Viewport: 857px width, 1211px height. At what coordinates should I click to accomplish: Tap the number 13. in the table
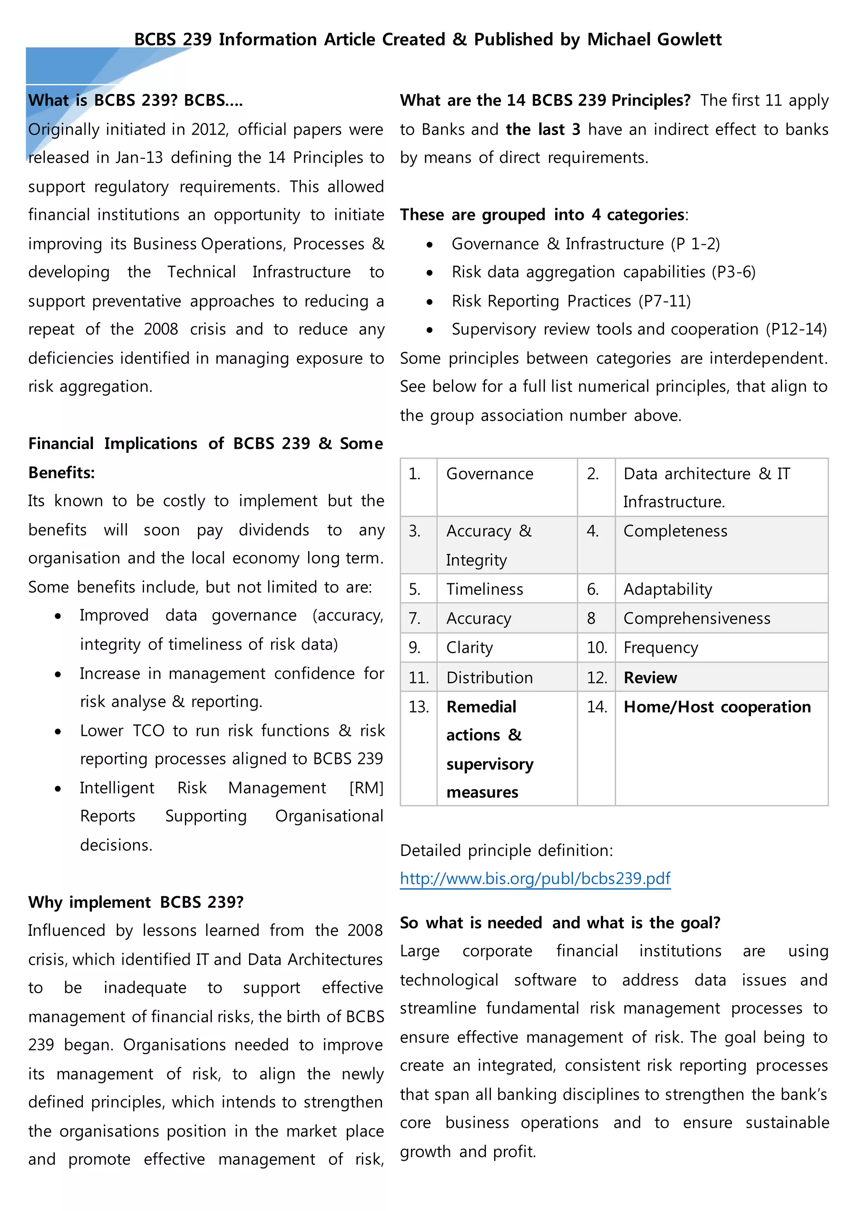pos(418,707)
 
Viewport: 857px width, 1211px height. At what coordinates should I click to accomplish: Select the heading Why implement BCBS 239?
pos(136,902)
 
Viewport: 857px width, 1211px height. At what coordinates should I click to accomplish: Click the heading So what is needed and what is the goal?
pos(560,923)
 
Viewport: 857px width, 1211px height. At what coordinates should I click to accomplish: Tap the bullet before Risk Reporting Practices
pos(430,301)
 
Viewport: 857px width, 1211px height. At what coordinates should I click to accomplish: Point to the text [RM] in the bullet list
pos(366,788)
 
